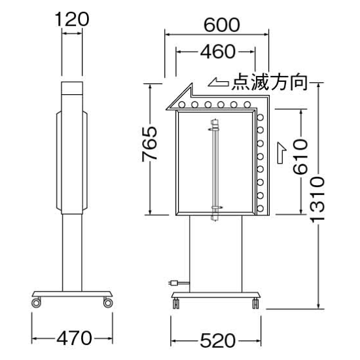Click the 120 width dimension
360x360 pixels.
tap(72, 19)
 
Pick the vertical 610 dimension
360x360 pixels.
tap(301, 156)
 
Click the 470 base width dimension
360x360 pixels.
tap(72, 338)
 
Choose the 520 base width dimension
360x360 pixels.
tap(216, 340)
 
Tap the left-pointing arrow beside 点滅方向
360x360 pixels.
tap(218, 83)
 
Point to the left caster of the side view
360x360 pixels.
tap(36, 302)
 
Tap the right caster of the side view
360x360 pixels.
tap(107, 302)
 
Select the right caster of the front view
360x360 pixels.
tap(253, 302)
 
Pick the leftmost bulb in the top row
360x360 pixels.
tap(194, 103)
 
